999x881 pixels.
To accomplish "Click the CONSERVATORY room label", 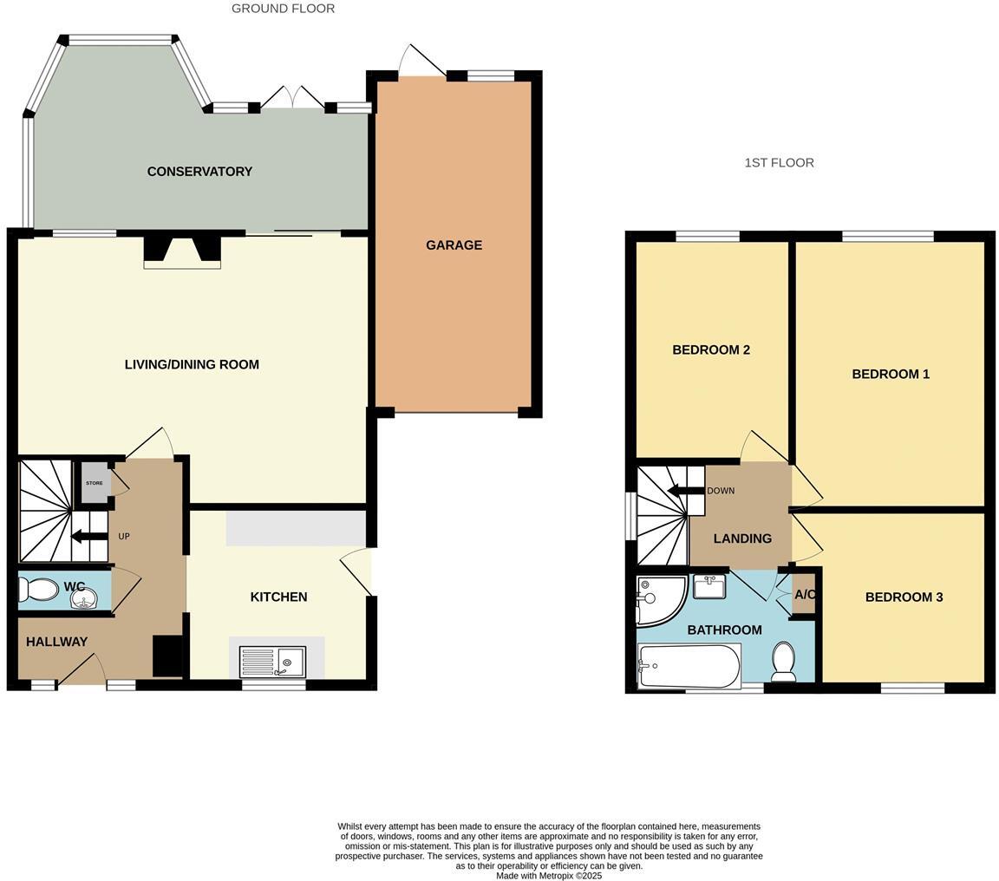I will point(199,172).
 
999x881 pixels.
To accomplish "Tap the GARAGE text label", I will point(454,245).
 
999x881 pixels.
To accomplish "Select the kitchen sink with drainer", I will point(272,662).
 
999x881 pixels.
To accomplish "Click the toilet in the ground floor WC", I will point(38,590).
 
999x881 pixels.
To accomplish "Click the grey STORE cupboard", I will point(95,483).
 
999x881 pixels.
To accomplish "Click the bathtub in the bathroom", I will point(689,666).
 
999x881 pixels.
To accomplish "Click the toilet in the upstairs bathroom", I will point(784,661).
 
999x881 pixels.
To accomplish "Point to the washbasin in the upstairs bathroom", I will point(708,586).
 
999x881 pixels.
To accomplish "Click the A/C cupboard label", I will point(805,595).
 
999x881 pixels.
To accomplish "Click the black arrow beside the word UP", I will point(88,537).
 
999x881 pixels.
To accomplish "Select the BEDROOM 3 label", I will point(904,597).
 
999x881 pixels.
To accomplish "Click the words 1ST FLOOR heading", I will point(779,163).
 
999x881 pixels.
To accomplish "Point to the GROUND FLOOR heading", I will point(283,9).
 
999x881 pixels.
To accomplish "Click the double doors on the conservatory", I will point(293,99).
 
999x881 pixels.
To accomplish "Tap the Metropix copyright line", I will point(548,876).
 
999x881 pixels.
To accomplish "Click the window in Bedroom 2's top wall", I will point(708,236).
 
